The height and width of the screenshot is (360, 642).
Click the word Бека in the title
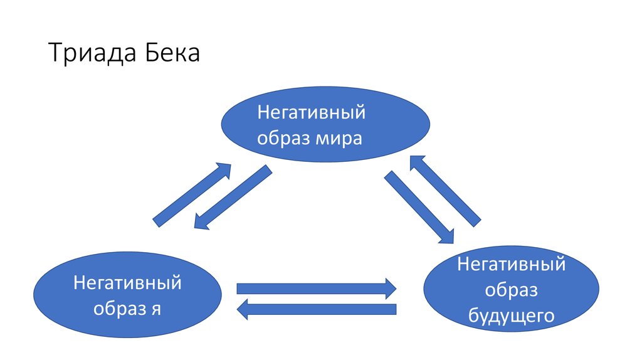point(173,53)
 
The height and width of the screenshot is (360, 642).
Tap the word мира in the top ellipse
point(339,138)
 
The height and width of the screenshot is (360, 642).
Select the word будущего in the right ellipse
point(512,315)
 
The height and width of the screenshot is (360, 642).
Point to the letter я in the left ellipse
point(155,309)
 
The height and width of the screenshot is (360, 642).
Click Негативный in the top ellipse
point(311,112)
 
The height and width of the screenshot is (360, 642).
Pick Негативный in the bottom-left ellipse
point(127,283)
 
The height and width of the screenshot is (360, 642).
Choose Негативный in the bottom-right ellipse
point(512,264)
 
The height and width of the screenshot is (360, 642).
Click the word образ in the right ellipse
point(512,290)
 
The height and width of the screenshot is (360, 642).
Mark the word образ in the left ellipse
point(119,308)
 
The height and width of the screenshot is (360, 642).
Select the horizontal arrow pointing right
point(317,289)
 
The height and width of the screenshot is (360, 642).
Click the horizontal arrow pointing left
point(317,309)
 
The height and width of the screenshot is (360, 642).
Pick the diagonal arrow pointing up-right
point(192,195)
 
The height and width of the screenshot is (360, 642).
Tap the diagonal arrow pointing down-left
point(233,197)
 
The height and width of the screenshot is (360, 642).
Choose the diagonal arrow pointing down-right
point(419,207)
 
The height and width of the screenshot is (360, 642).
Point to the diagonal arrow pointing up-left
point(446,191)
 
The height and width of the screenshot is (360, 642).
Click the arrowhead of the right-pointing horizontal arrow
point(391,289)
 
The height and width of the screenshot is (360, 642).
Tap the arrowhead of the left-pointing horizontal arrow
point(243,309)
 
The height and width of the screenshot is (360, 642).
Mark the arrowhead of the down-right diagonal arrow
point(448,236)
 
